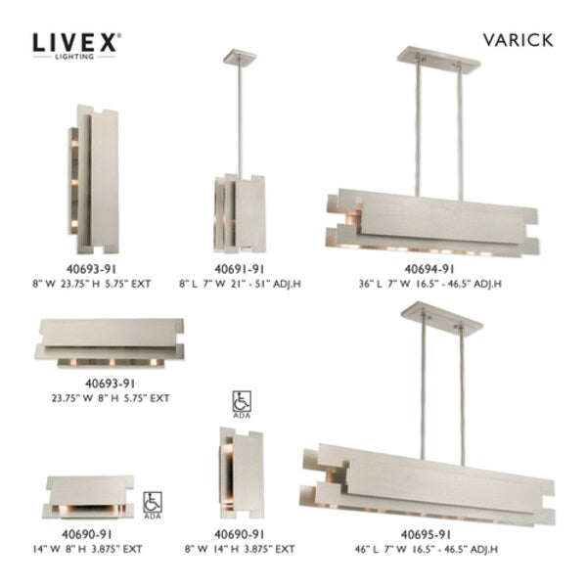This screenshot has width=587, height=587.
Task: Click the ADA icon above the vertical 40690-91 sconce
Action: tap(240, 402)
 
